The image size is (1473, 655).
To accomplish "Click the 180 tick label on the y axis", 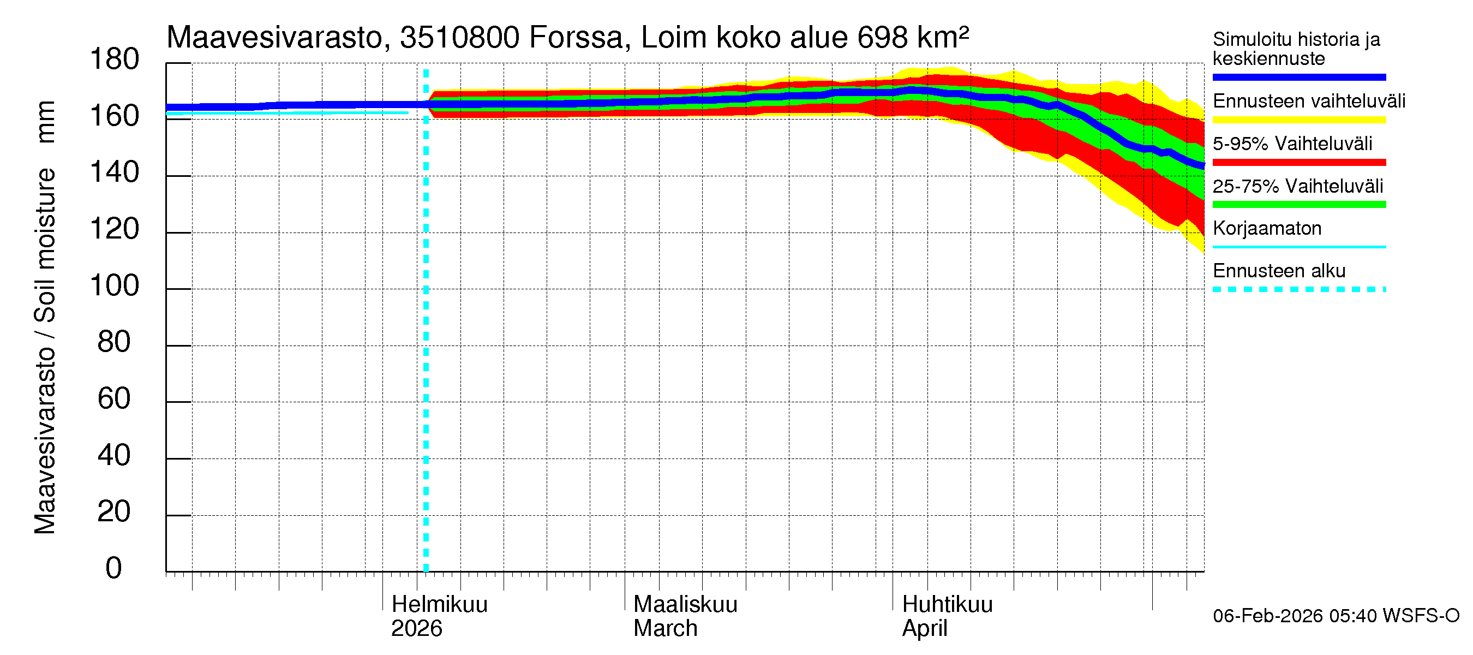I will coord(115,59).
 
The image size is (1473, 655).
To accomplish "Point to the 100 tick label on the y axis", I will coord(115,285).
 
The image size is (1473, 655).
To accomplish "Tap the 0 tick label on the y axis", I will coord(114,568).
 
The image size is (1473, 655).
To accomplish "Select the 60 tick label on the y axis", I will coord(114,398).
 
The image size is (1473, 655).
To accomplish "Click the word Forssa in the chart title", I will coord(576,38).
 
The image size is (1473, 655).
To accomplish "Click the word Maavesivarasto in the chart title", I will coord(274,38).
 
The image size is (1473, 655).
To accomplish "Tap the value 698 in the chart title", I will coord(882,38).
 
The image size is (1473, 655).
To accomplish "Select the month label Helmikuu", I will coord(439,604).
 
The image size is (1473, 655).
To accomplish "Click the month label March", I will coord(665,629).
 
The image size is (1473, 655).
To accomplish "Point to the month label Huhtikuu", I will coord(947,604).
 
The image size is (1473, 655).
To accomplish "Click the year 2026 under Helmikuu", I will coord(416,629).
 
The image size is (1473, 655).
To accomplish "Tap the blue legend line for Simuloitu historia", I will coord(1298,77).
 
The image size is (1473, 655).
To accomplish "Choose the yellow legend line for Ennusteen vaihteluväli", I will coord(1298,120).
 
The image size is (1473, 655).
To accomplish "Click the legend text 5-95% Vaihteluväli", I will coord(1292,144).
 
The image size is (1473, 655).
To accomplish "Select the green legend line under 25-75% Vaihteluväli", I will coord(1298,205).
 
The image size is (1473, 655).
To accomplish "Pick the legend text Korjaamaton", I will coord(1267,229).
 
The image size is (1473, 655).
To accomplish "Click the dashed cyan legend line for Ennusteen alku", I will coord(1298,289).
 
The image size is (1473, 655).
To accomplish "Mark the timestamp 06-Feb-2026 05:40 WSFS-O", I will coord(1336,616).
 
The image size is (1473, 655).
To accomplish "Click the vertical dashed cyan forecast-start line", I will coord(426,343).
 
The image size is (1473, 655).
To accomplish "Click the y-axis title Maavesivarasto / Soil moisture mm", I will coord(45,318).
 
